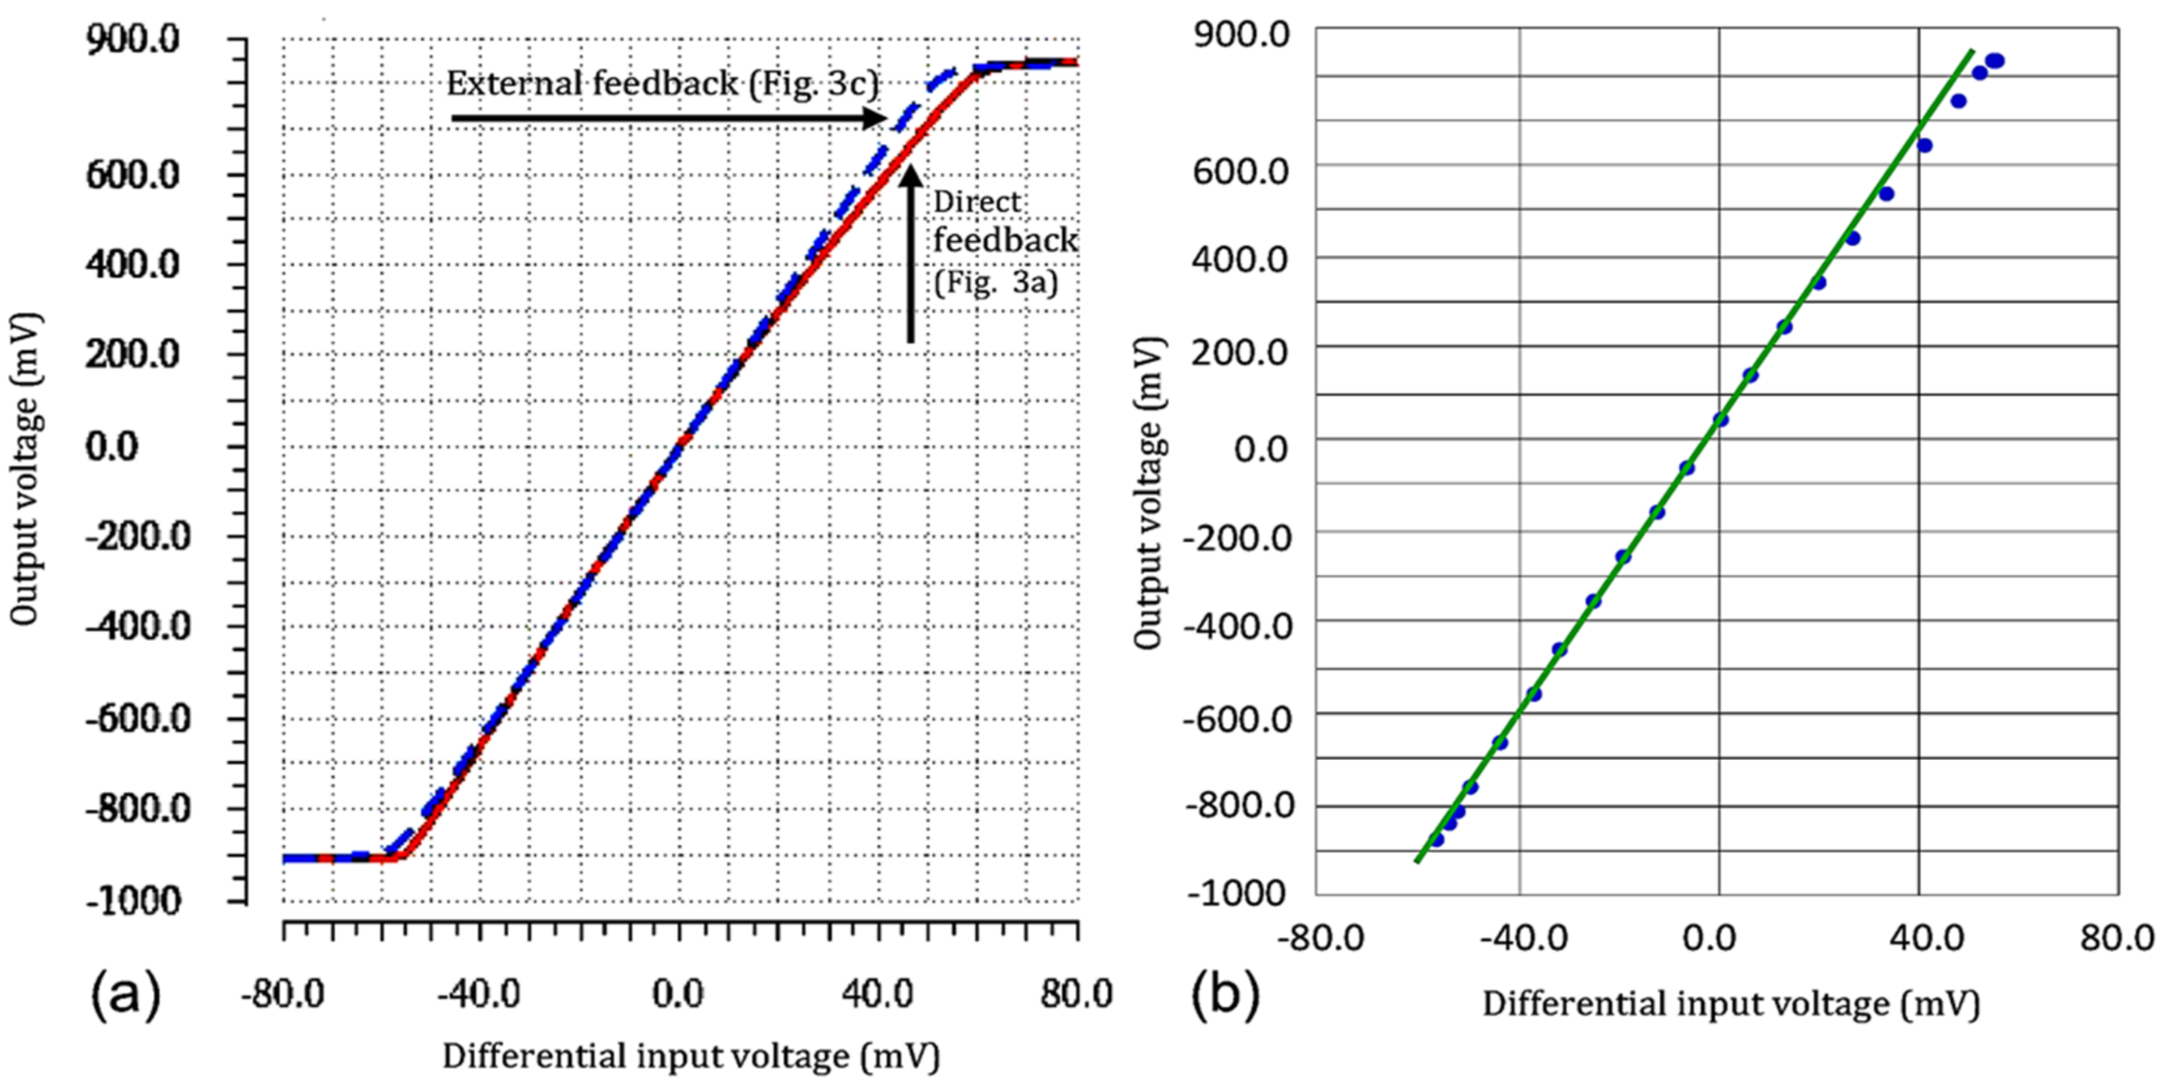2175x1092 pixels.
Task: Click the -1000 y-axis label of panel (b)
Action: (x=1236, y=893)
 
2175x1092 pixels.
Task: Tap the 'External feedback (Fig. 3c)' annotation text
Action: (x=662, y=84)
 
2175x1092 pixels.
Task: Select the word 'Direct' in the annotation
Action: (x=977, y=202)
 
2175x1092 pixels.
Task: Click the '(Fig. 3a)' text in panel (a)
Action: (x=995, y=282)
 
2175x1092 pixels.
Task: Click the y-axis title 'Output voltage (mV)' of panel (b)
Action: (x=1148, y=494)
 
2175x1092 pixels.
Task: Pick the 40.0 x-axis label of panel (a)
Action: (x=877, y=994)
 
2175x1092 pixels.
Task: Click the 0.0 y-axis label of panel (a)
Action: (x=112, y=446)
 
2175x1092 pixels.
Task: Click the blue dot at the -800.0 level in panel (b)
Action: (x=1458, y=812)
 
